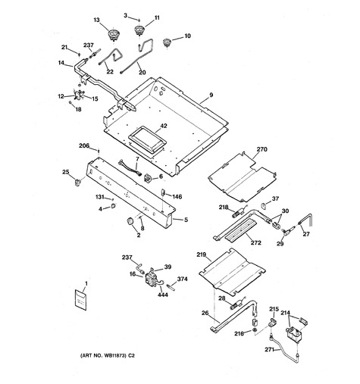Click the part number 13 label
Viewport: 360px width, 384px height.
coord(97,20)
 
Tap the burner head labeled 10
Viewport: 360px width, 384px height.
coord(166,42)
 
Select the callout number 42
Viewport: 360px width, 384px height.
coord(164,126)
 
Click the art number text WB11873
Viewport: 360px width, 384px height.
coord(114,356)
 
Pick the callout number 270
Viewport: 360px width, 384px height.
coord(261,149)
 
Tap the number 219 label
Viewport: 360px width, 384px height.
coord(202,254)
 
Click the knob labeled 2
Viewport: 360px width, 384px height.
coord(130,220)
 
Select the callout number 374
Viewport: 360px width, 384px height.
coord(182,279)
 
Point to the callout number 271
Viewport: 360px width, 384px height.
coord(270,350)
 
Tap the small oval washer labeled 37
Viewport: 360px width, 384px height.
coord(264,206)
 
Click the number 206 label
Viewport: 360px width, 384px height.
coord(84,145)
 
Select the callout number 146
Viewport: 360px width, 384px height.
coord(177,196)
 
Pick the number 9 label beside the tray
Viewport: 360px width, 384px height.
coord(211,95)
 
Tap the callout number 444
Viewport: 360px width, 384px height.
coord(163,295)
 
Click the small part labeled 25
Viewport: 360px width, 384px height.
coord(77,182)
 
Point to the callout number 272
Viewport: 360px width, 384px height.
coord(256,242)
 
